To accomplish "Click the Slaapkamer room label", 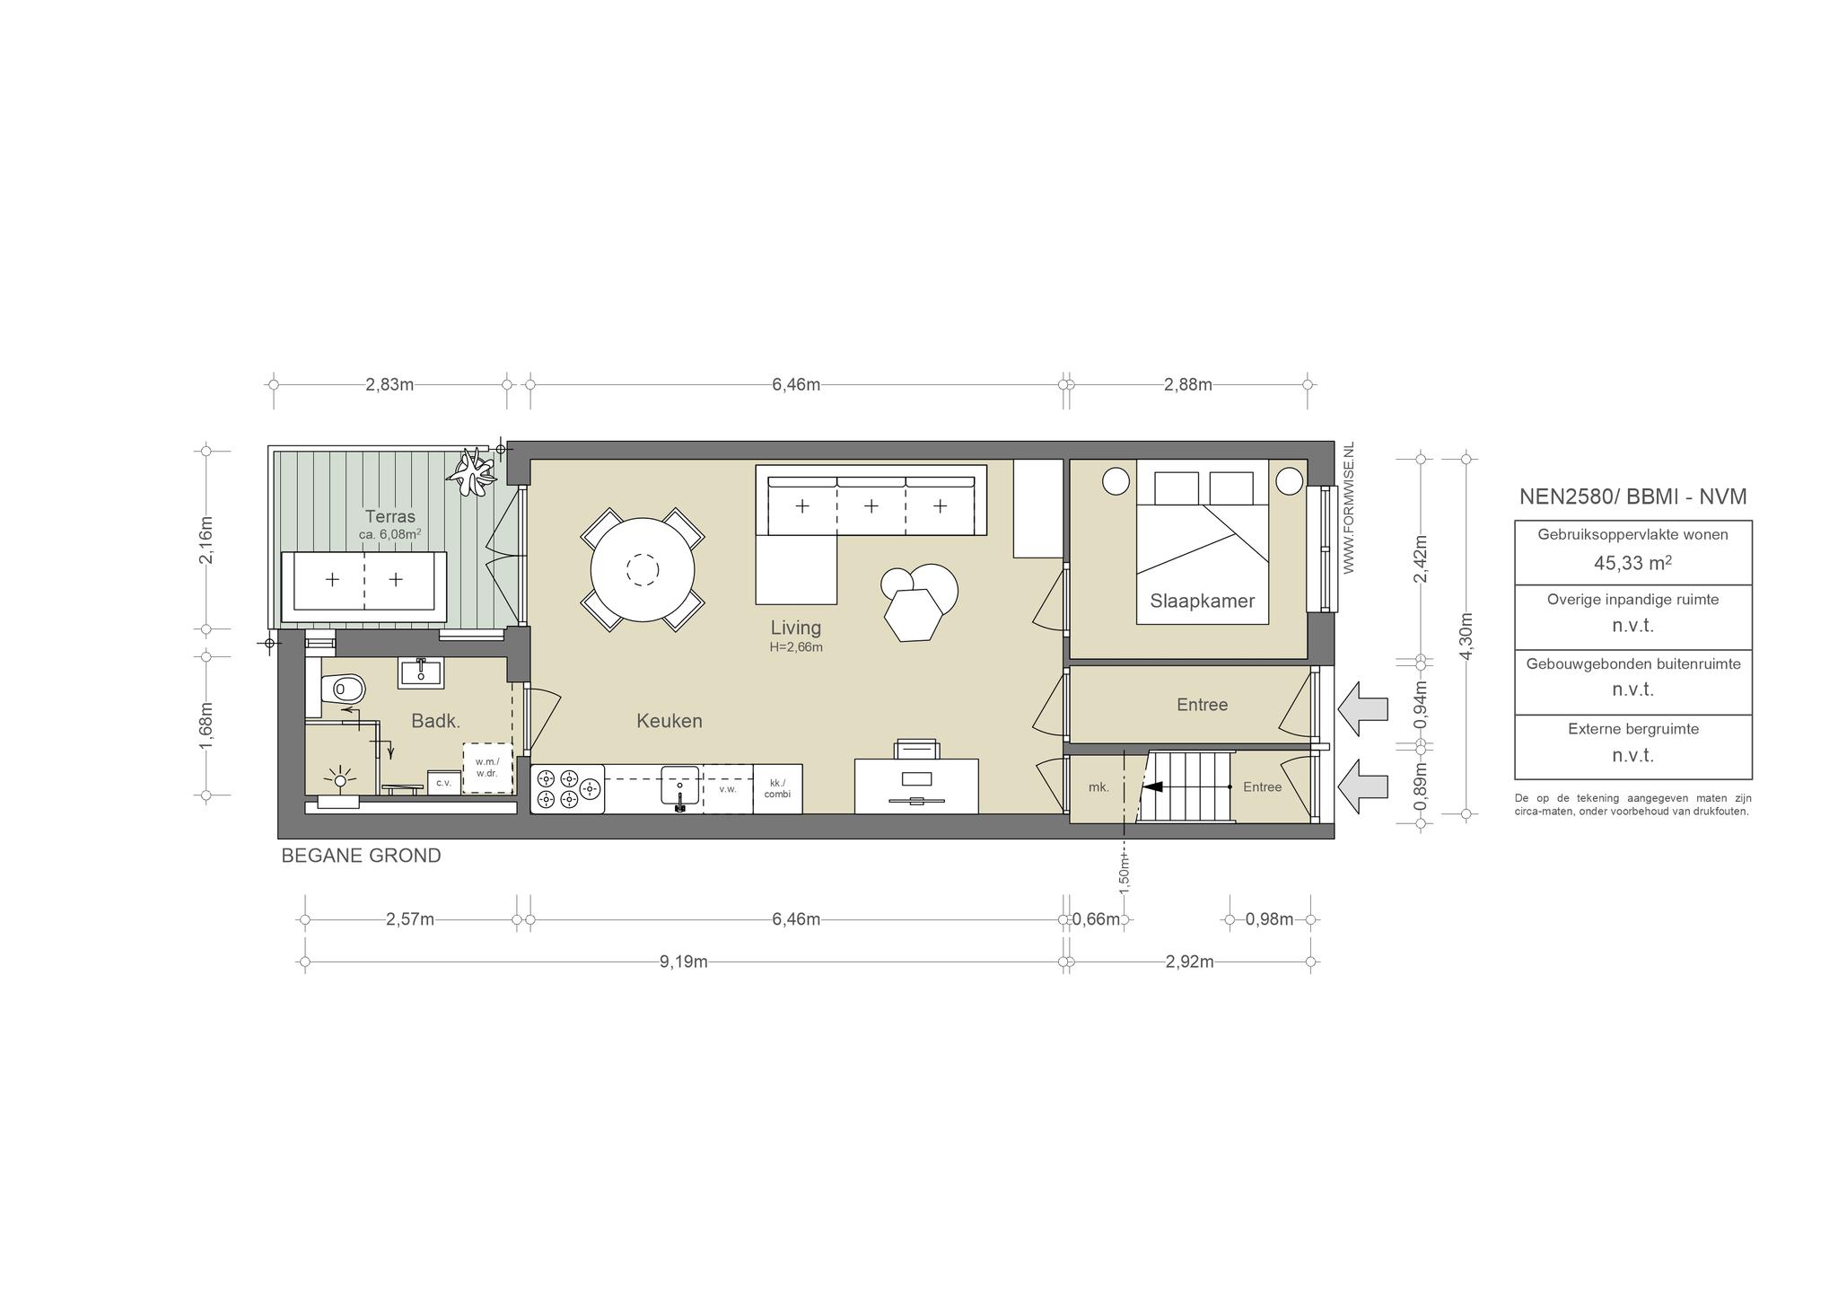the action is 1202,601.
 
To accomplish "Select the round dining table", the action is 643,569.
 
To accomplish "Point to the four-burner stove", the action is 568,789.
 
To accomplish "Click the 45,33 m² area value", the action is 1632,563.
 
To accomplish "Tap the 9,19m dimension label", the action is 684,962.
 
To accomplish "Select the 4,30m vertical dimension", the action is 1466,637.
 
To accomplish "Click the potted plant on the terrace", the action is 471,471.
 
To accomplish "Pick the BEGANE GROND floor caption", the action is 361,856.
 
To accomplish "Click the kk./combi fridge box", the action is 777,788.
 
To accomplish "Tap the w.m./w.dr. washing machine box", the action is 487,768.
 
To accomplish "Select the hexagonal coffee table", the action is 913,616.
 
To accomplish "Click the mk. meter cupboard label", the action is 1098,787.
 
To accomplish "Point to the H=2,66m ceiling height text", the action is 796,646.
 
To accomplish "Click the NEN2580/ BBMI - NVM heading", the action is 1632,496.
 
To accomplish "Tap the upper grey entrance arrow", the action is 1362,708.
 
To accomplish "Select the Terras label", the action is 390,516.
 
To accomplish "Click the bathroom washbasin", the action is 420,672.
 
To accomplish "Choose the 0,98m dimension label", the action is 1270,919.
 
